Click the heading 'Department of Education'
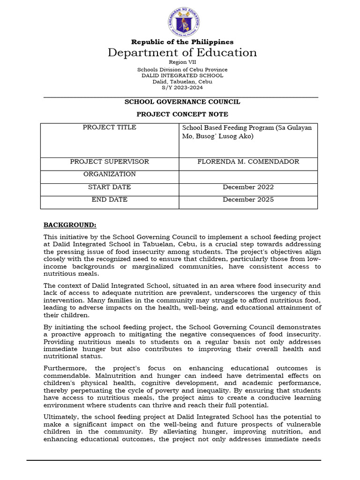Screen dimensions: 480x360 point(182,52)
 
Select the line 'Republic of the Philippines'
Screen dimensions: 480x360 point(182,42)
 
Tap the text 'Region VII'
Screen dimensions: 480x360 point(182,62)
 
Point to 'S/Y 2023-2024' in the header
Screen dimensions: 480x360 point(182,88)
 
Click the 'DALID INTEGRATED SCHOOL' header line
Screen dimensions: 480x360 point(182,75)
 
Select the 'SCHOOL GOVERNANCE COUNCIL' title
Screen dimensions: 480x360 point(182,102)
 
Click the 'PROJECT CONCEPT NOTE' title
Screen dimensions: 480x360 point(182,114)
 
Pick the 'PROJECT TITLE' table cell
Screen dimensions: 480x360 point(110,127)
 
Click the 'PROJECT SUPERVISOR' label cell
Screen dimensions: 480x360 point(110,162)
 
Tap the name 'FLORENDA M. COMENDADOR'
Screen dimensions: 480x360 point(248,162)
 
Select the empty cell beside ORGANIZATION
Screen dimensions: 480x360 point(248,176)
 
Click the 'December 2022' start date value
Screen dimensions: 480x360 point(248,187)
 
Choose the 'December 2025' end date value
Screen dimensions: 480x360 point(248,200)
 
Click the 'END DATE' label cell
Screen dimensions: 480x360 point(110,200)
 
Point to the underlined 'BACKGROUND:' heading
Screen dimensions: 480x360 point(70,225)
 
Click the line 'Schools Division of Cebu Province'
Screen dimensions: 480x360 point(182,69)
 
